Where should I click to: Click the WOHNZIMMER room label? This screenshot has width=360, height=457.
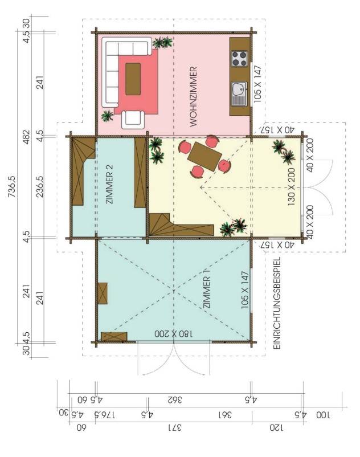coord(194,97)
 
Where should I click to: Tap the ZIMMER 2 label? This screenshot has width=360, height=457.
coord(110,184)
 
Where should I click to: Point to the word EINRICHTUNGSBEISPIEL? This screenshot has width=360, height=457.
coord(277,303)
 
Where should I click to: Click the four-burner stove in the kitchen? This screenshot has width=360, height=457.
coord(239,59)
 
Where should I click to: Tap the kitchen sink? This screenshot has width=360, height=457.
coord(239,93)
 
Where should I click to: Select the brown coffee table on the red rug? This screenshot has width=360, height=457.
coord(133,79)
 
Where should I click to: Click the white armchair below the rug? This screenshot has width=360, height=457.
coord(133,120)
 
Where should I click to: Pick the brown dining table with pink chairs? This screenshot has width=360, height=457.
coord(204,156)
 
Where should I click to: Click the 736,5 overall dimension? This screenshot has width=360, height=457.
coord(12,186)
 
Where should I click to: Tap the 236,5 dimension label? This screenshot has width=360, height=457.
coord(40,186)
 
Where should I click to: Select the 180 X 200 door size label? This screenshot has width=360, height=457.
coord(173,334)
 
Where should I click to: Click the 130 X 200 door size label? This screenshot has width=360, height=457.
coord(291,187)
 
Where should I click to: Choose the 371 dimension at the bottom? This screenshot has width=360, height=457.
coord(174,428)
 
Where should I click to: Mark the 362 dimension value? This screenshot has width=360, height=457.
coord(175,399)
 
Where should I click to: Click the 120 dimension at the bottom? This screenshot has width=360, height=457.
coord(276,428)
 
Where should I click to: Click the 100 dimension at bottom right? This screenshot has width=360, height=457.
coord(323,415)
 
